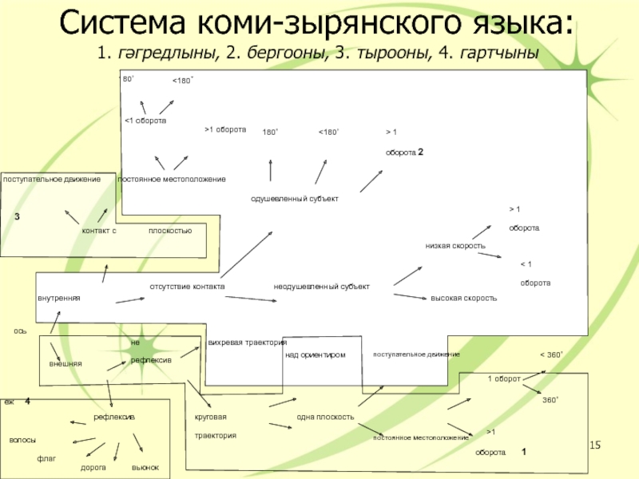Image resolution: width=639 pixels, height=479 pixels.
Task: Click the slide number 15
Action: (x=594, y=444)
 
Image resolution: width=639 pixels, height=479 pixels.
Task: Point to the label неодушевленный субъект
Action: (x=321, y=286)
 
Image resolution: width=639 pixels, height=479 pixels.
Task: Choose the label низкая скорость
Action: (x=455, y=246)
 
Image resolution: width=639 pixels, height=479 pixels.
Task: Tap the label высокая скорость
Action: (x=463, y=298)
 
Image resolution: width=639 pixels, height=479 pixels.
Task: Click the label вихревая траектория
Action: (x=247, y=342)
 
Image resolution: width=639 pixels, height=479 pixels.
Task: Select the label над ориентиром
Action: (x=315, y=354)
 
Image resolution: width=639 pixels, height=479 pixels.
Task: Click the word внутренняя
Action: (x=59, y=298)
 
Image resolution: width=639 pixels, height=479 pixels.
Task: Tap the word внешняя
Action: (x=65, y=364)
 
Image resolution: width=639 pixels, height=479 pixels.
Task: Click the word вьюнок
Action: (x=145, y=467)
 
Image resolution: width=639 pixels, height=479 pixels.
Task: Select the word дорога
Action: (x=93, y=467)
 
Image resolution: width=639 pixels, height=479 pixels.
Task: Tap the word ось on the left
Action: (x=20, y=330)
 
